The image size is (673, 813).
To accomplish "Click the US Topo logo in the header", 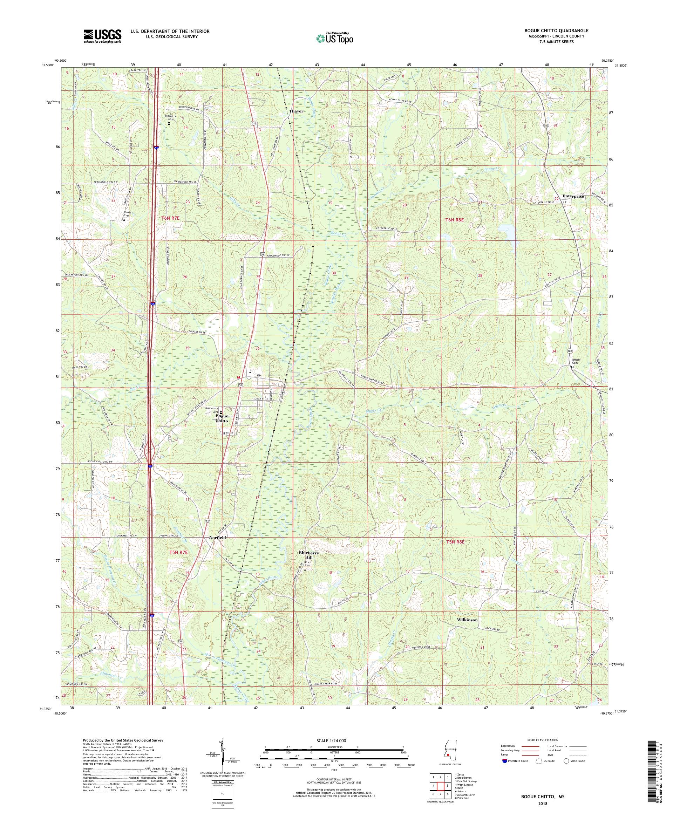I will click(335, 38).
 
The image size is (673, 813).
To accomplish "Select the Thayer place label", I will click(296, 111).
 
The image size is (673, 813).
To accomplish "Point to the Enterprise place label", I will click(573, 196).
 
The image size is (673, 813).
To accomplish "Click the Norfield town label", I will click(217, 538).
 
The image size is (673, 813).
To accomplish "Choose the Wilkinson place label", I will click(467, 631).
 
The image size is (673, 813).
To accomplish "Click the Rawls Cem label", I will click(123, 214).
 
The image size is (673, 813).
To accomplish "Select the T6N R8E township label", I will click(454, 219).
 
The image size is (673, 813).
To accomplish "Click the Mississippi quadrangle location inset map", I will click(448, 753).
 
